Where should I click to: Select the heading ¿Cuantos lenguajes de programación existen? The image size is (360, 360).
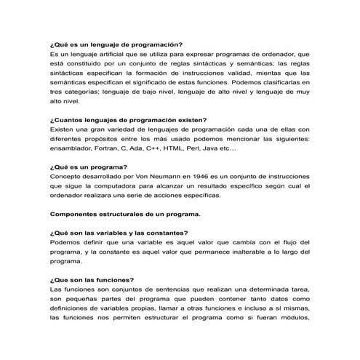pos(128,120)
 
